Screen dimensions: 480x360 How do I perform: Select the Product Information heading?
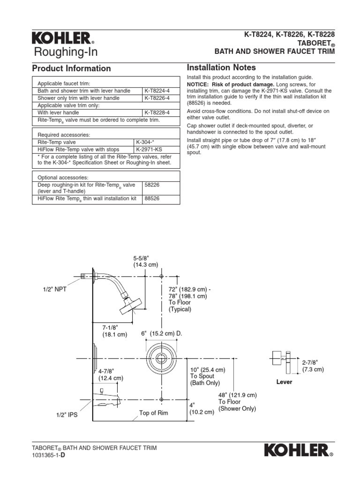(71, 68)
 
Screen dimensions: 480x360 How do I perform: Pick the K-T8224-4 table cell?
(157, 91)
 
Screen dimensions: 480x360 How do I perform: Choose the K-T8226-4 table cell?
(157, 98)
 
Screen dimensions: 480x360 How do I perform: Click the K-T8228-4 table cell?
(157, 113)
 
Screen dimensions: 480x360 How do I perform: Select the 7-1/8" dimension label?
(115, 330)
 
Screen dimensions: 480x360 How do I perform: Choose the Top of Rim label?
(153, 413)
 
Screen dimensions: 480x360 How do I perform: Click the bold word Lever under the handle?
(284, 382)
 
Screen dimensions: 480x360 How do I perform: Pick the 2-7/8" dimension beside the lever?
(313, 366)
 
